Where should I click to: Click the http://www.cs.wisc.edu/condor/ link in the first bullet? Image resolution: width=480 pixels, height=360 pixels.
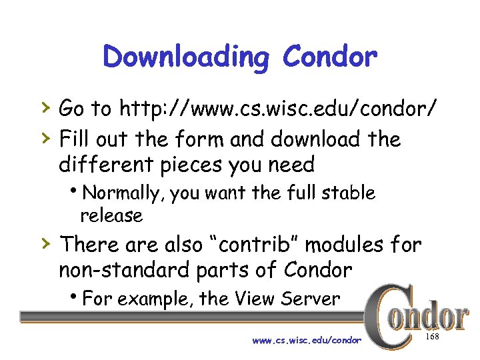point(279,107)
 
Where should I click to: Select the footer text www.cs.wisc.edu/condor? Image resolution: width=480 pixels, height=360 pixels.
point(307,341)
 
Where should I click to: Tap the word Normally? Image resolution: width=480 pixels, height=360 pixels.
point(125,194)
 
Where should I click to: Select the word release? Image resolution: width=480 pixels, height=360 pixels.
point(111,216)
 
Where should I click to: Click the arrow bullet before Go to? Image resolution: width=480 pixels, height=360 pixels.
point(45,106)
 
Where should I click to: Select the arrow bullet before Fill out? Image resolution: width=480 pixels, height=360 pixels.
point(45,138)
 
